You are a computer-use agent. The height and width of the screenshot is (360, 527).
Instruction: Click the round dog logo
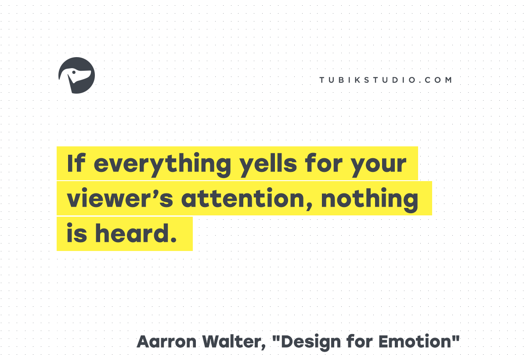coord(77,75)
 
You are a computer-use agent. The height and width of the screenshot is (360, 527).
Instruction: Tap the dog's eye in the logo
coord(74,72)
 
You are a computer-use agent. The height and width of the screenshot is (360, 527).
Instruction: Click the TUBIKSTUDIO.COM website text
coord(386,80)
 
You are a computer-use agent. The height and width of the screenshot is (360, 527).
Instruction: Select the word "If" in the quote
coord(76,163)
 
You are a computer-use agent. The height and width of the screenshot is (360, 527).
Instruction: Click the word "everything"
coord(162,165)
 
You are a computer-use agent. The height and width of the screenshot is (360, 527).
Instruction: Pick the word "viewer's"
coord(120,197)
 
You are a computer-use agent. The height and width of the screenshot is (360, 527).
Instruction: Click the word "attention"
coord(243,198)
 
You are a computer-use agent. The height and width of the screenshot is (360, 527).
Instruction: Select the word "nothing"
coord(370,200)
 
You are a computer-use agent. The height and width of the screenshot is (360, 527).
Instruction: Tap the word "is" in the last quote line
coord(77,233)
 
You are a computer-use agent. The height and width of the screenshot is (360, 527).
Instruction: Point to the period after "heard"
coord(173,240)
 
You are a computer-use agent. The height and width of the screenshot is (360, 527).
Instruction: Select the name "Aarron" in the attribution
coord(166,342)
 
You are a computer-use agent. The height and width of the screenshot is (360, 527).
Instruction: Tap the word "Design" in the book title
coord(310,342)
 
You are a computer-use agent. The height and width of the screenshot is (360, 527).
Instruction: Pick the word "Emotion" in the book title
coord(415,342)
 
